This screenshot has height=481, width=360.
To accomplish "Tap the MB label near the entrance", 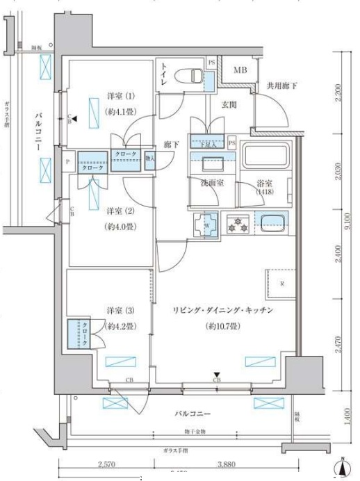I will tap(240, 70).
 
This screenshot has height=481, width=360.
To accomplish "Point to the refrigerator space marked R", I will tap(281, 283).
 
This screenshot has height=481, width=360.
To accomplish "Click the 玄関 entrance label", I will tap(229, 106).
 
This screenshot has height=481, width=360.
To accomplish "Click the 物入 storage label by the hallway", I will tap(150, 158).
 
